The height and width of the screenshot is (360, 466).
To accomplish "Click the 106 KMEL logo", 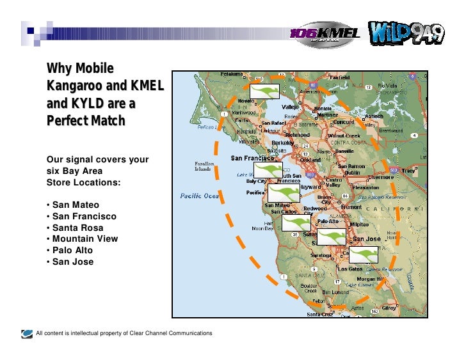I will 325,34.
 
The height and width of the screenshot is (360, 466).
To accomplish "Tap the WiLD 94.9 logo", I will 405,33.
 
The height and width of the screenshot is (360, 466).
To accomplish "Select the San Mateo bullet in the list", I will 73,205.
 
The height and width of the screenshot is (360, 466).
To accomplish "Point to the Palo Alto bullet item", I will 70,251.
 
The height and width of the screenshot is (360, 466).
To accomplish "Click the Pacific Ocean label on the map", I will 199,196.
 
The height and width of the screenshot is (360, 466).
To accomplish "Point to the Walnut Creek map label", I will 344,136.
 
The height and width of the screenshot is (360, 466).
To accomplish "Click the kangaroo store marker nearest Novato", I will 264,91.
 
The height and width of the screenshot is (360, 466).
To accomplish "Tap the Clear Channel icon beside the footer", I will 27,333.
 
